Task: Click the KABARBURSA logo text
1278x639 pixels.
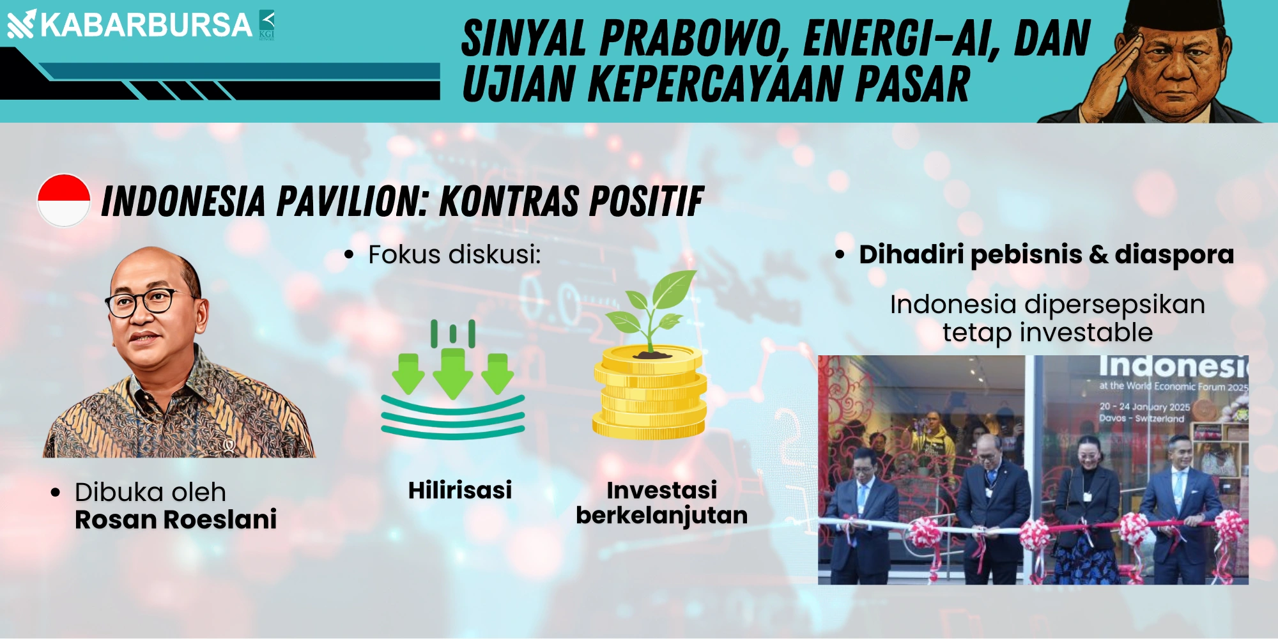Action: (x=146, y=25)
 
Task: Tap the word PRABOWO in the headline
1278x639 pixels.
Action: (x=694, y=39)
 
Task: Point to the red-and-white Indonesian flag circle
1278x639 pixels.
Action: (x=64, y=200)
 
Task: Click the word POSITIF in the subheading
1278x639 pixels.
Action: (x=646, y=201)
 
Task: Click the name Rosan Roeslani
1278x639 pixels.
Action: (x=176, y=520)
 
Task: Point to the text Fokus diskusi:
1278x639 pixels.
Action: (x=454, y=254)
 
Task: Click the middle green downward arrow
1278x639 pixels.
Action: (x=453, y=373)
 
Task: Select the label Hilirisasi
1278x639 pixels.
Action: (x=460, y=490)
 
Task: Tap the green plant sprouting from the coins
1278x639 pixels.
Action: (x=651, y=311)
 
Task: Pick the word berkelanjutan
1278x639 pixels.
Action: (x=662, y=515)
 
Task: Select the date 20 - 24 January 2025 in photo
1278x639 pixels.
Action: (x=1144, y=406)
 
